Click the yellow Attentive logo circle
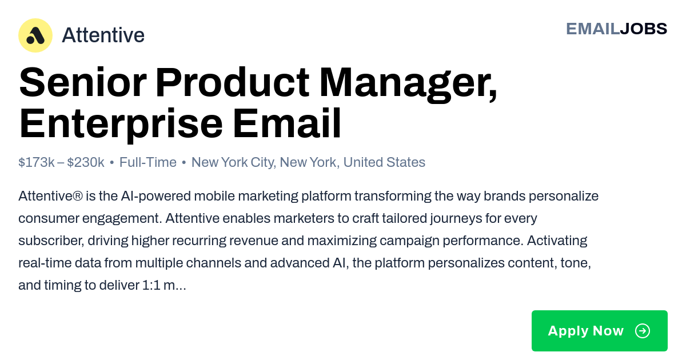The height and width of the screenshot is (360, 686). pyautogui.click(x=35, y=35)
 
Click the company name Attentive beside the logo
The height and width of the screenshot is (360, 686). pyautogui.click(x=103, y=35)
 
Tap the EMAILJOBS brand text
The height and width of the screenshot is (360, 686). pyautogui.click(x=616, y=29)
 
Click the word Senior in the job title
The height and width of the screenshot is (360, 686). pyautogui.click(x=83, y=82)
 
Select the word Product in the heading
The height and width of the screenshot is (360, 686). pyautogui.click(x=233, y=82)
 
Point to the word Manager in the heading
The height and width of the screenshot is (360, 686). pyautogui.click(x=408, y=84)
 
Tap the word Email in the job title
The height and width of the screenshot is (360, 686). pyautogui.click(x=287, y=123)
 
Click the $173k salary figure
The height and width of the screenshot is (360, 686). pyautogui.click(x=37, y=162)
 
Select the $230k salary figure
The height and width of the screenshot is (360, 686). pyautogui.click(x=86, y=162)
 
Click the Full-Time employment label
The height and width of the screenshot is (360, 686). pyautogui.click(x=148, y=162)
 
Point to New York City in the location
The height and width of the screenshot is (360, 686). pyautogui.click(x=234, y=162)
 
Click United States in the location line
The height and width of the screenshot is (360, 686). pyautogui.click(x=384, y=162)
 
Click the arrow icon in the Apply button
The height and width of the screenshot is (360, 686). pyautogui.click(x=643, y=331)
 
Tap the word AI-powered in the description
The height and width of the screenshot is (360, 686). pyautogui.click(x=156, y=196)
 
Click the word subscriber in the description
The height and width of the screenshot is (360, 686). pyautogui.click(x=51, y=241)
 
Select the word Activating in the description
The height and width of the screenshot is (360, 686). pyautogui.click(x=557, y=241)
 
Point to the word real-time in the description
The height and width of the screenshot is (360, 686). pyautogui.click(x=45, y=263)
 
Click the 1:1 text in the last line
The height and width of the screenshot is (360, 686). pyautogui.click(x=151, y=285)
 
